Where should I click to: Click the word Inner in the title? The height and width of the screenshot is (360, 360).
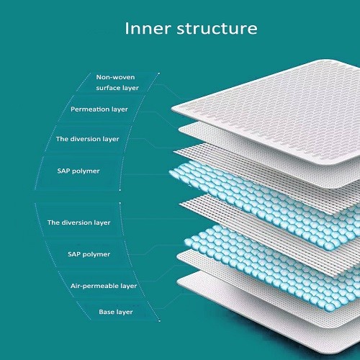coord(148,29)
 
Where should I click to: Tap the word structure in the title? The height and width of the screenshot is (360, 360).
coord(217,29)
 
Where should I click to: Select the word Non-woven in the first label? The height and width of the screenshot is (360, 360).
coord(115,77)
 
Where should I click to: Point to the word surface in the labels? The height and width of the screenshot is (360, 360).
coord(107,88)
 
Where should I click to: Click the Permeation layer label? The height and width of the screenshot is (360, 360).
coord(99,109)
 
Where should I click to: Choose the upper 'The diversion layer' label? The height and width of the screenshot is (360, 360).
coord(88,139)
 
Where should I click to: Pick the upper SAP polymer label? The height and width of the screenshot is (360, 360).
coord(78,171)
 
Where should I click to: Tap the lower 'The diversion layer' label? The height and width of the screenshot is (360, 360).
coord(79,222)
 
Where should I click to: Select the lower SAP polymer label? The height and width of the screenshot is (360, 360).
coord(89,254)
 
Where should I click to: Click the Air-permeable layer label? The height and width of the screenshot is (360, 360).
coord(104,286)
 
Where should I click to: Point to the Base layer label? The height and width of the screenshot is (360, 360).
coord(116,312)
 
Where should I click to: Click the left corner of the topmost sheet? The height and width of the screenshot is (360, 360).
coord(172,109)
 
